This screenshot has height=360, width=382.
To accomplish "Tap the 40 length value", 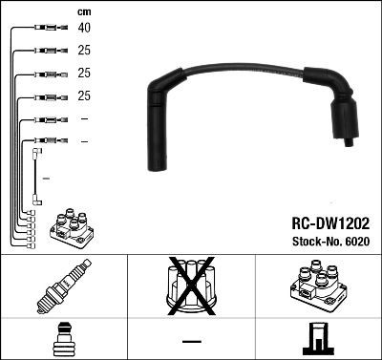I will coord(84,29).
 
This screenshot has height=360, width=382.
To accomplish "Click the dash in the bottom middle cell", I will coord(192,340).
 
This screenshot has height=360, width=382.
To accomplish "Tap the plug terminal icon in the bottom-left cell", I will coord(63,340).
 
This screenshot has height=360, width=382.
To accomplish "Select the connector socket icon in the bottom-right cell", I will coord(318,340).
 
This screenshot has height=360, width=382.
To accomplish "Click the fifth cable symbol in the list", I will coord(46,119).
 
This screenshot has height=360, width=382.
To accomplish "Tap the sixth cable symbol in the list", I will coord(46,141).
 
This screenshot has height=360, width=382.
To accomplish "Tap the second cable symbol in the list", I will coord(46,52).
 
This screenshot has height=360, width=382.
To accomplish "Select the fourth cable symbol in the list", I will coord(46,96).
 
